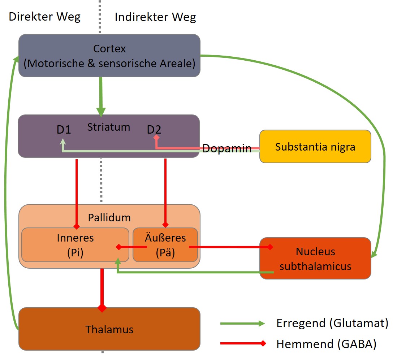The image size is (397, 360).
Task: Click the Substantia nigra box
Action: (315, 146)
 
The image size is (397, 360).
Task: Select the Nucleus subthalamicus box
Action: (315, 258)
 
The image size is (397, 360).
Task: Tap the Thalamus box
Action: (109, 329)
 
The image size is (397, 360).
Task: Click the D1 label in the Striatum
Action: (64, 130)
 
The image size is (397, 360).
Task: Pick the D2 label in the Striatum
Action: (154, 130)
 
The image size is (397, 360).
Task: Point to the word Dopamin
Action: (227, 148)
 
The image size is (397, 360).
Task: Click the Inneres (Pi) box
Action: (75, 245)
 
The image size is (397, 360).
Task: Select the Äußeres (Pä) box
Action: (165, 245)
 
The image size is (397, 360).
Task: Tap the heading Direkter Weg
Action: (44, 17)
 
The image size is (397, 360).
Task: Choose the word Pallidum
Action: (109, 218)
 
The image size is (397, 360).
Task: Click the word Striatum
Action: (109, 127)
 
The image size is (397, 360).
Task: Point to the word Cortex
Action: (109, 49)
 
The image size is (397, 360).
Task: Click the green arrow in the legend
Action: (242, 323)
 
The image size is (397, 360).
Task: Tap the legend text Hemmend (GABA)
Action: (326, 344)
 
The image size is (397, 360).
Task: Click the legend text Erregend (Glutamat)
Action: (332, 323)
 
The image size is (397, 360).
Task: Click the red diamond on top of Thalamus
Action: (102, 308)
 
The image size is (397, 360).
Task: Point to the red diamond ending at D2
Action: (156, 137)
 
